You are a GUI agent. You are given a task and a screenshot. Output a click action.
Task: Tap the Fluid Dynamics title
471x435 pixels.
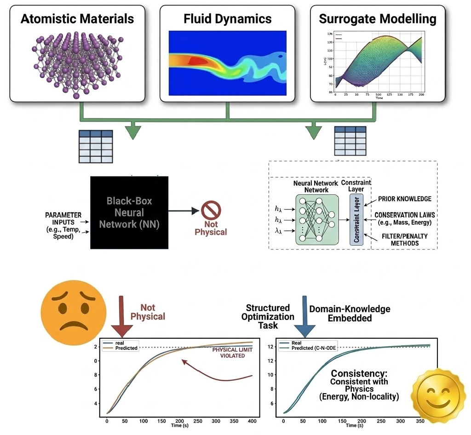point(227,19)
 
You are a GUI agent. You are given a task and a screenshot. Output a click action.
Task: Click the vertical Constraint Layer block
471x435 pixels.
point(356,219)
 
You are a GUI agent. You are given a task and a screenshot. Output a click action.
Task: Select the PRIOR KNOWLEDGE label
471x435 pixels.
point(405,199)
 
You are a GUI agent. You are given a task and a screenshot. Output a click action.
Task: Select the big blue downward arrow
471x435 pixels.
point(304,318)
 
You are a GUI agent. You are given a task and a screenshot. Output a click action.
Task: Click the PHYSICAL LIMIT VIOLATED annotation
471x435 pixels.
point(228,353)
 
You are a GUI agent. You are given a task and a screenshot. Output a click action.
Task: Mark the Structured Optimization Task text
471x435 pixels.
point(270,317)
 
